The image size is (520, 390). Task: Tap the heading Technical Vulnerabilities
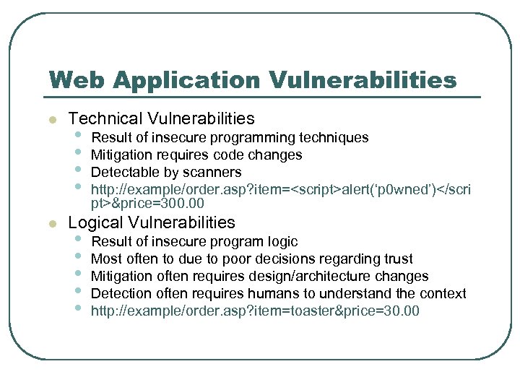[x=161, y=118]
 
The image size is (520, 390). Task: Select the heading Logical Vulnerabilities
[x=152, y=222]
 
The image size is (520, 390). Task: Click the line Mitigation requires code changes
[x=196, y=155]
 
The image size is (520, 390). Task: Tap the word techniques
[x=335, y=138]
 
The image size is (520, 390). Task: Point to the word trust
[x=397, y=259]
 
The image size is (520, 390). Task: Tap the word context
[x=443, y=294]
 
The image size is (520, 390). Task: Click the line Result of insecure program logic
[x=194, y=242]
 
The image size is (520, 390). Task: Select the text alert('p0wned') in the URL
[x=372, y=190]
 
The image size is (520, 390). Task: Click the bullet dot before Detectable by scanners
[x=78, y=173]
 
